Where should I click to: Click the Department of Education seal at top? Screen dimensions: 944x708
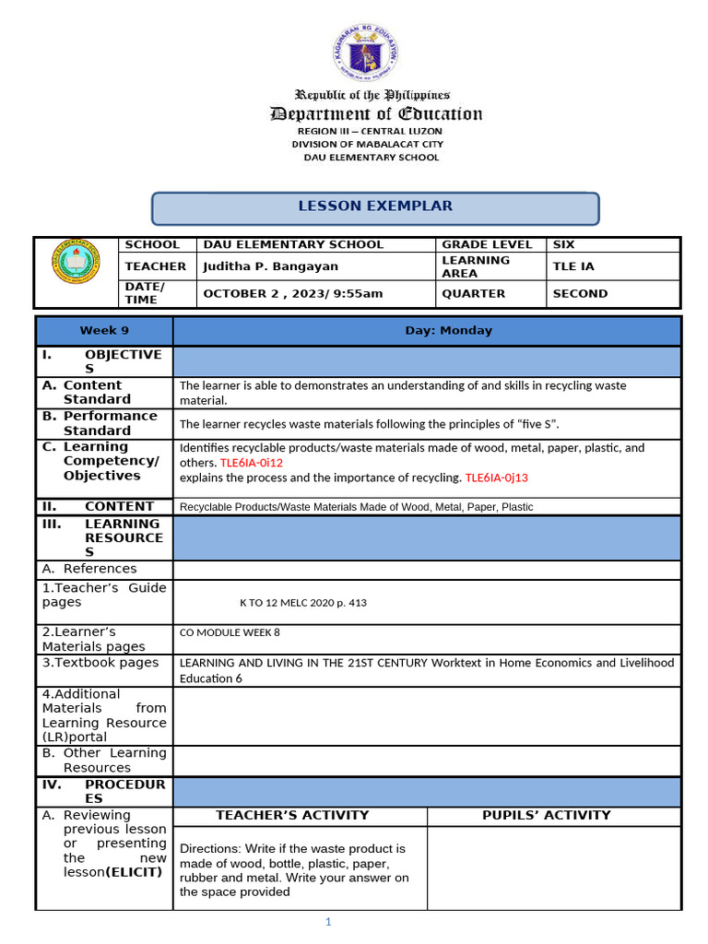tap(365, 53)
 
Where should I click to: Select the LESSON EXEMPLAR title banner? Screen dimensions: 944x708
tap(374, 206)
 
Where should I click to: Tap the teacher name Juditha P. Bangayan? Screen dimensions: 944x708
tap(270, 266)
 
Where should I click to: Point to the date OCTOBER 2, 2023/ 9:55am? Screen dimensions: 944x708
tap(292, 294)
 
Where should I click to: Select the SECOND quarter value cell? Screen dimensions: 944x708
tap(579, 294)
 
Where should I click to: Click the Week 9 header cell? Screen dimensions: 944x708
tap(104, 330)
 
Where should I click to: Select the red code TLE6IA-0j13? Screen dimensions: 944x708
tap(496, 478)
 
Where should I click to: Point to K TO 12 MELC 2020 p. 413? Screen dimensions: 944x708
tap(302, 603)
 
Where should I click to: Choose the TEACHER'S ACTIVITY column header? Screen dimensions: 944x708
tap(291, 815)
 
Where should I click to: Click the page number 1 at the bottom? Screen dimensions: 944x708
tap(327, 923)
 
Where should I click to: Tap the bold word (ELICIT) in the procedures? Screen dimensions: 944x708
tap(134, 872)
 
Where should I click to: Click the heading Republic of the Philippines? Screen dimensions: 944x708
tap(372, 95)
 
